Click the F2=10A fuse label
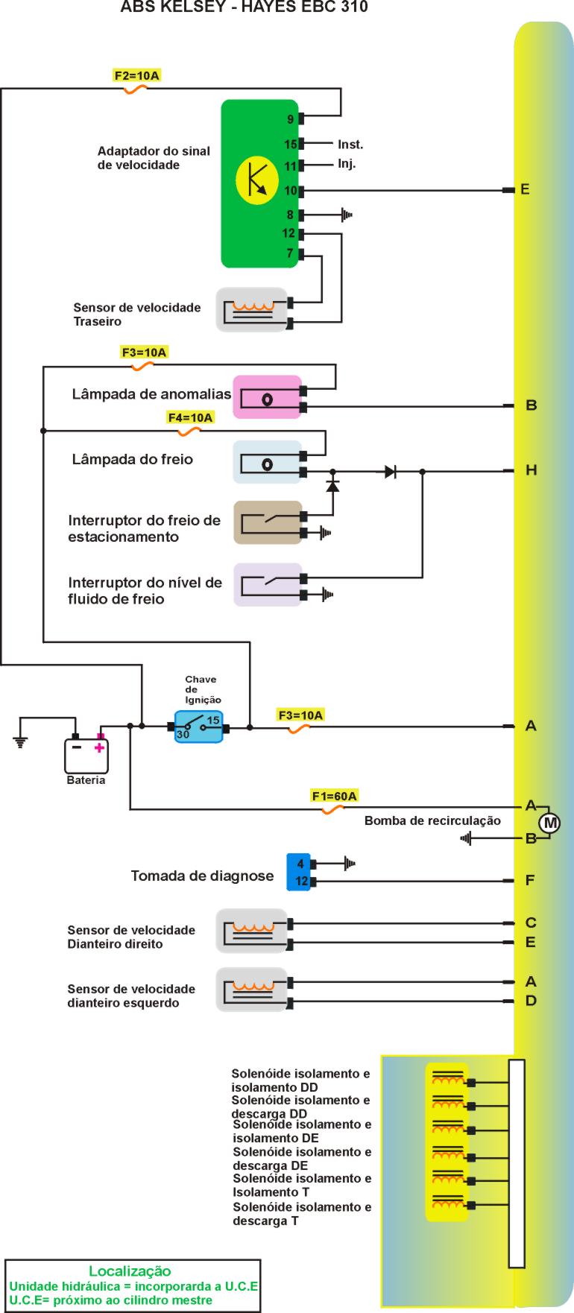point(136,75)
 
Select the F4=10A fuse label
point(191,418)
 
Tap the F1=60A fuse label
point(335,796)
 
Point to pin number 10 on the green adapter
point(290,191)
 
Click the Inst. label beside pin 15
point(350,145)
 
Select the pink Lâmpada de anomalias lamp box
point(267,396)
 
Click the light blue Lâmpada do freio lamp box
point(267,462)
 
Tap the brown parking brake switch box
point(267,522)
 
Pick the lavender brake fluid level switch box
point(267,585)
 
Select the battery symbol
point(86,755)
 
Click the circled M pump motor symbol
point(550,823)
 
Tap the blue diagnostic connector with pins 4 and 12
point(299,872)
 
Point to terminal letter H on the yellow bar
point(531,470)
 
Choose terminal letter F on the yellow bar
point(530,880)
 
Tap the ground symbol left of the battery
point(21,741)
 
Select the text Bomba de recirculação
point(432,821)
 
